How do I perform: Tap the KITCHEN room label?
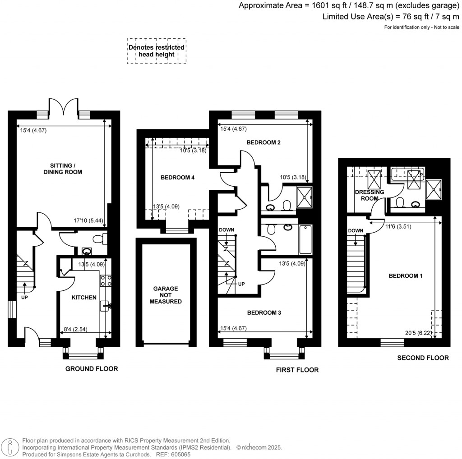(x=84, y=298)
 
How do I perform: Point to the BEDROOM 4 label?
(x=177, y=178)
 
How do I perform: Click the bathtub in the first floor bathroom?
(x=305, y=239)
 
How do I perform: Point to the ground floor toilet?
(x=97, y=239)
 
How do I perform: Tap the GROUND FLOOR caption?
(x=92, y=369)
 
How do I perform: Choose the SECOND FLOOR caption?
(x=423, y=358)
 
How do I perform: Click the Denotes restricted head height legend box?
(x=156, y=51)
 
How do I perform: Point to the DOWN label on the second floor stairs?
(x=356, y=231)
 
